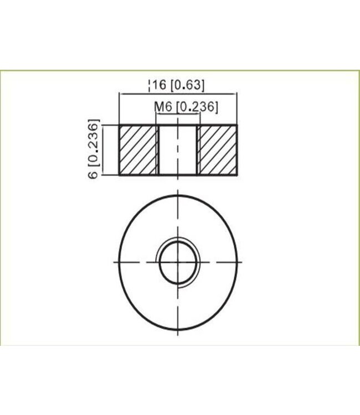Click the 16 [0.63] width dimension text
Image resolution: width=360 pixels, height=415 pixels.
tap(177, 85)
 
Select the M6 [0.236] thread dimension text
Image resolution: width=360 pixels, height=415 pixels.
tap(186, 106)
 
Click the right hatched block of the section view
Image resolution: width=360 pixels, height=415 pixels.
tap(218, 149)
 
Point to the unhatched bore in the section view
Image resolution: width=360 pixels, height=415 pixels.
tap(178, 149)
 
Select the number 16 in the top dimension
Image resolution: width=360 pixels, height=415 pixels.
tap(160, 85)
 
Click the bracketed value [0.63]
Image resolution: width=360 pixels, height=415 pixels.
tap(188, 85)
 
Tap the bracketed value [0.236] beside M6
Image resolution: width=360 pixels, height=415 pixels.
tap(196, 106)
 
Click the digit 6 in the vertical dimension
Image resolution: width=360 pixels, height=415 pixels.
tap(94, 173)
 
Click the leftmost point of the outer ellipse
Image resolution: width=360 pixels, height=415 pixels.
tap(120, 261)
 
